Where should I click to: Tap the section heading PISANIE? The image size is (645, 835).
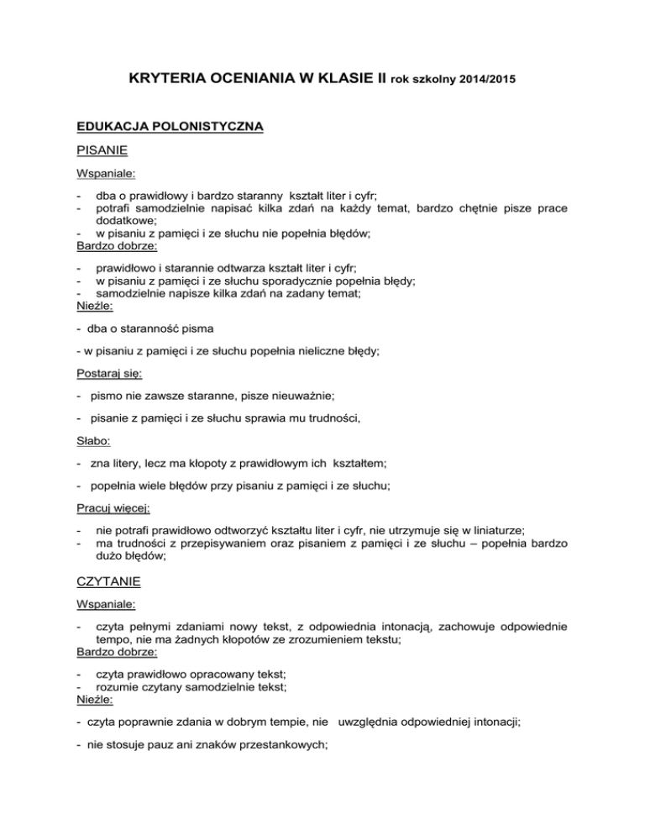pos(103,152)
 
